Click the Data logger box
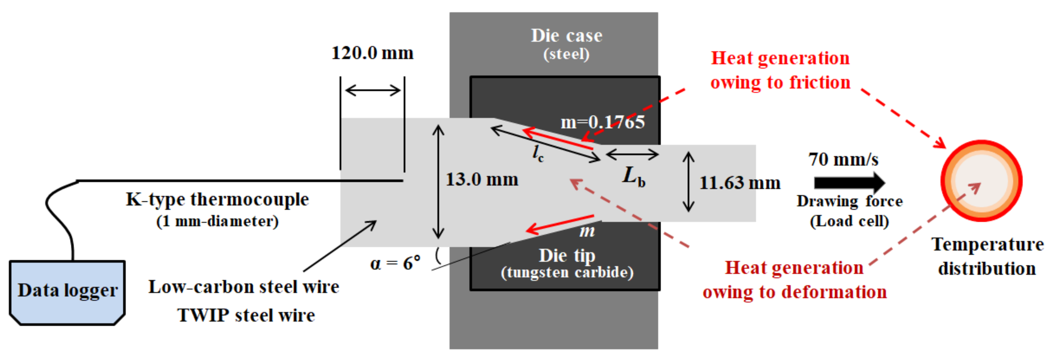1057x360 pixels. pyautogui.click(x=67, y=292)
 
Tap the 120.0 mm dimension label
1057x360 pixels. pyautogui.click(x=372, y=53)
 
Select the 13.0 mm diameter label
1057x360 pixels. pyautogui.click(x=482, y=180)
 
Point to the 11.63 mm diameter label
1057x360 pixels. pyautogui.click(x=739, y=183)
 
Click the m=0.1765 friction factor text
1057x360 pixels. pyautogui.click(x=602, y=122)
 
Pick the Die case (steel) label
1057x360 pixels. pyautogui.click(x=566, y=43)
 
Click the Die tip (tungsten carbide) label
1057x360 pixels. pyautogui.click(x=567, y=263)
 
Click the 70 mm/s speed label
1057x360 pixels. pyautogui.click(x=843, y=160)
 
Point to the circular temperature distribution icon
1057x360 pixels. pyautogui.click(x=981, y=181)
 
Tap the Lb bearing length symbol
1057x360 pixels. pyautogui.click(x=634, y=177)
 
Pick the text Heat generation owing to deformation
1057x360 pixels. pyautogui.click(x=794, y=280)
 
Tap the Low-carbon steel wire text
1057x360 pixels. pyautogui.click(x=244, y=287)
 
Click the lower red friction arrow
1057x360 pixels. pyautogui.click(x=560, y=224)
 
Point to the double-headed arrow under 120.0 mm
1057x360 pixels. pyautogui.click(x=372, y=90)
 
